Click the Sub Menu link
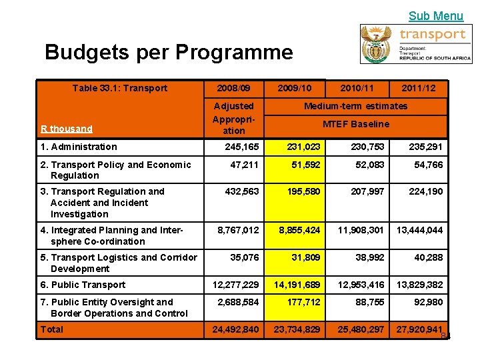click(435, 15)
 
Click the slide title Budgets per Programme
click(169, 52)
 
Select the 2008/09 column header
click(233, 88)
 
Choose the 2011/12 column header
click(419, 88)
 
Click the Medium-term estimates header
click(355, 106)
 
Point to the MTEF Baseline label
click(356, 124)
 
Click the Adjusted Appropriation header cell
click(233, 118)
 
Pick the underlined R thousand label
click(67, 129)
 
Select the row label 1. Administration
click(79, 147)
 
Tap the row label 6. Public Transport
click(83, 285)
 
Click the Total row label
click(52, 329)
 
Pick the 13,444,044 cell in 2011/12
click(419, 230)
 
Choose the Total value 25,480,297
click(361, 329)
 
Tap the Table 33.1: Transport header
click(120, 88)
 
